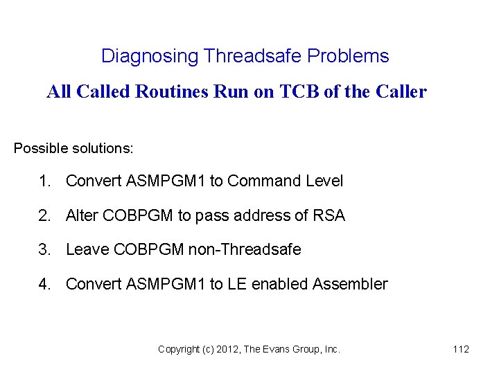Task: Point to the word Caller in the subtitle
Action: tap(401, 91)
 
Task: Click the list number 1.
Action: tap(45, 181)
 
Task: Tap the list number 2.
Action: tap(45, 215)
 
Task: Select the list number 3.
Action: tap(45, 249)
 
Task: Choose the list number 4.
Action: tap(45, 284)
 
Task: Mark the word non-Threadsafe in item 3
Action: tap(244, 249)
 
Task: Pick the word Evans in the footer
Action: tap(283, 350)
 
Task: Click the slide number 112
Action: tap(461, 350)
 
